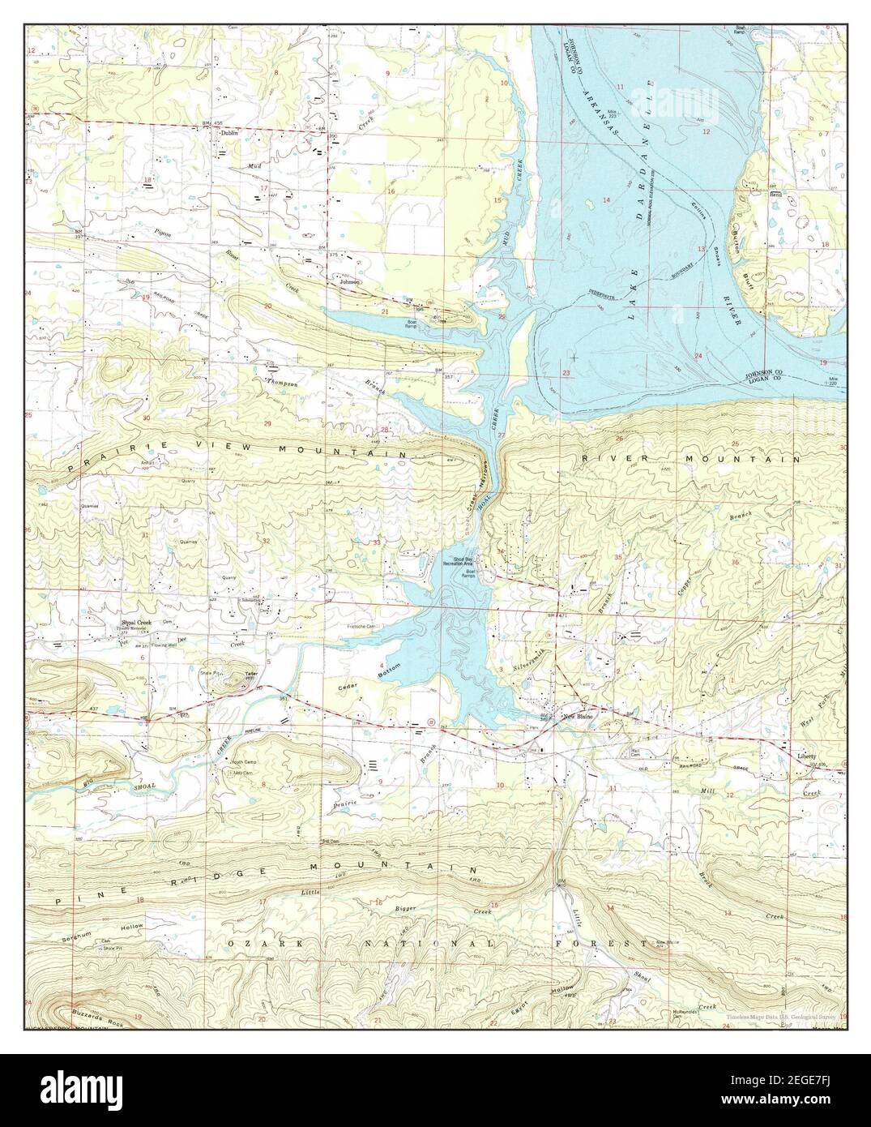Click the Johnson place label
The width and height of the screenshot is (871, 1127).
click(x=349, y=282)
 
